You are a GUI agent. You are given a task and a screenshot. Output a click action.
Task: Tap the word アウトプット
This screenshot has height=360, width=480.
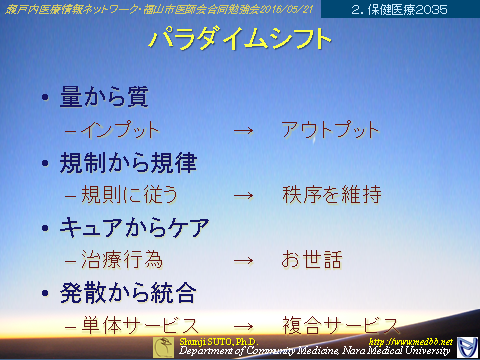click(x=330, y=130)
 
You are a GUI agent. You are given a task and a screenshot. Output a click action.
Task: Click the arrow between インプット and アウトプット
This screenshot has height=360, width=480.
click(x=242, y=131)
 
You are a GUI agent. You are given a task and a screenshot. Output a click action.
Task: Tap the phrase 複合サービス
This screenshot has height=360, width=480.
click(x=340, y=326)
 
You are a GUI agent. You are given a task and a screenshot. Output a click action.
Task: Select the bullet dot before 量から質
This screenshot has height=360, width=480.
click(x=44, y=99)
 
